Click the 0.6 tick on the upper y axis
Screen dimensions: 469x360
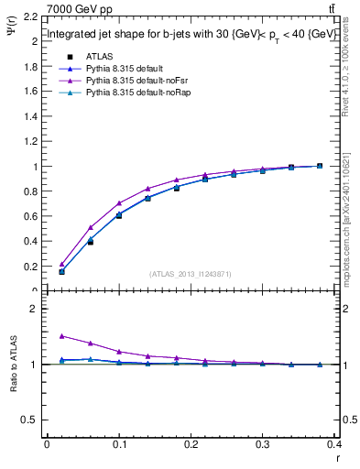click(x=31, y=217)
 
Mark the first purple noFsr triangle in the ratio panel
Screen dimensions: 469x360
click(x=61, y=335)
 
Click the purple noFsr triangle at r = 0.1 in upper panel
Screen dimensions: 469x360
click(x=119, y=203)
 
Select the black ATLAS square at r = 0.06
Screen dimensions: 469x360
click(x=90, y=242)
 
